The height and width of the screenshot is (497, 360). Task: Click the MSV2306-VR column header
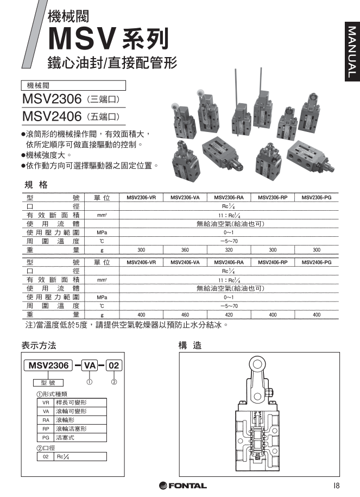141,198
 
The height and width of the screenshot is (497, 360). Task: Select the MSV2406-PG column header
317,262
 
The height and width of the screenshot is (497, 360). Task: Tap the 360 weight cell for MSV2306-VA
185,250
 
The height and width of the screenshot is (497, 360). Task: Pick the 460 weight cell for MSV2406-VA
185,314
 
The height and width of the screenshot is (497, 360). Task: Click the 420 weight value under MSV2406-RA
229,314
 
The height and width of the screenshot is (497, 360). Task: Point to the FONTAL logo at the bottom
182,485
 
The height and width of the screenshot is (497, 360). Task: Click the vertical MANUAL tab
351,52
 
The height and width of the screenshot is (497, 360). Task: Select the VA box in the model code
90,365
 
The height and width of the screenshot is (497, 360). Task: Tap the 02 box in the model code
114,365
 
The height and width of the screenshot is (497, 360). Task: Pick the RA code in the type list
46,420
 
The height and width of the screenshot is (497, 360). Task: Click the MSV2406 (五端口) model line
71,116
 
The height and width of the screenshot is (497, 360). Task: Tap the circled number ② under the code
114,381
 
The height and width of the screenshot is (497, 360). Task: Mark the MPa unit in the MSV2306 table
102,232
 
